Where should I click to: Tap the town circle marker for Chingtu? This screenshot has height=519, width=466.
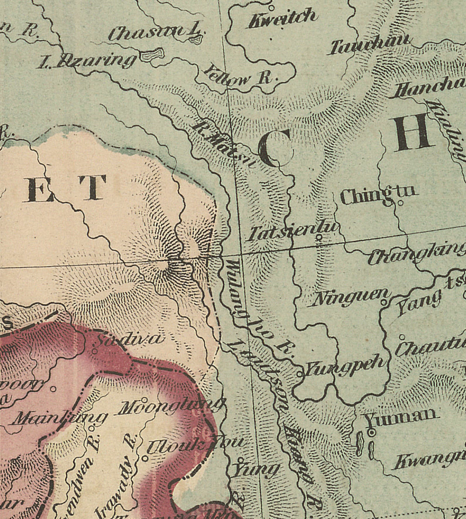click(400, 203)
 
